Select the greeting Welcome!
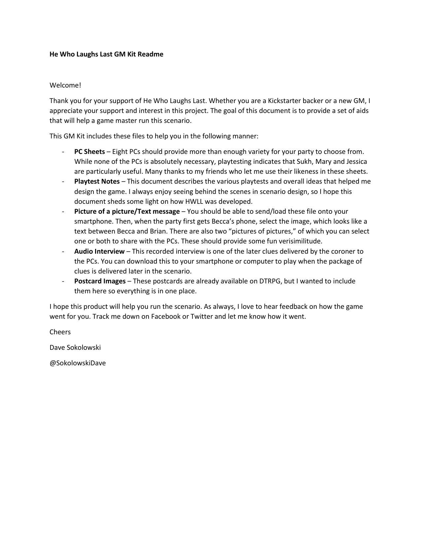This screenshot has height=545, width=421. click(65, 85)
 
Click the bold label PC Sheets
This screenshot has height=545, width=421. click(89, 152)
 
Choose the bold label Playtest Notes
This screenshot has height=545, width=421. click(97, 181)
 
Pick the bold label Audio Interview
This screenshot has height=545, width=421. click(99, 251)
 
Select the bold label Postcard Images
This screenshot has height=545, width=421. click(100, 281)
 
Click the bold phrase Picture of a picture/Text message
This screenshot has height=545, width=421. click(127, 211)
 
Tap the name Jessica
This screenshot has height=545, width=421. click(356, 162)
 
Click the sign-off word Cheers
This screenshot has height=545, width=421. click(60, 332)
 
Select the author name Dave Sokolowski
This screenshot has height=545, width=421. click(75, 347)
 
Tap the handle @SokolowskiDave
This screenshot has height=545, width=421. click(78, 363)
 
